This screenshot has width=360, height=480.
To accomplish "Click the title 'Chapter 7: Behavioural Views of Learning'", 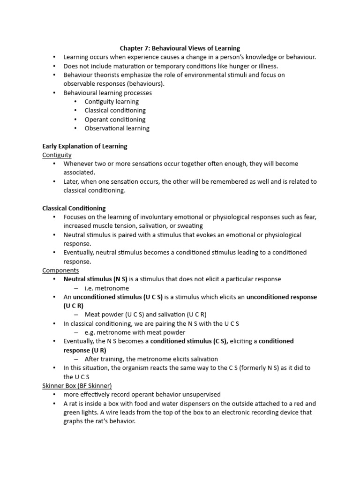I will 180,48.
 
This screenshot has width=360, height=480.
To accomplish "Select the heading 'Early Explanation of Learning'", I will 85,146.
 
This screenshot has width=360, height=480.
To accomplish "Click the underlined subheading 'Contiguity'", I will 57,155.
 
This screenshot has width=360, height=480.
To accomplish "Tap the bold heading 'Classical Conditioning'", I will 74,208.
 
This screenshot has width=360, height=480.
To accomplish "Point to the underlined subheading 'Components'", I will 60,270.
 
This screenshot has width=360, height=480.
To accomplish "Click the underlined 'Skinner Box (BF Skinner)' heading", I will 77,386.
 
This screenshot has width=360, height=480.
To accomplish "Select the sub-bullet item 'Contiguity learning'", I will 112,102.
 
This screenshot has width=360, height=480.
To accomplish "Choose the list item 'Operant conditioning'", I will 115,120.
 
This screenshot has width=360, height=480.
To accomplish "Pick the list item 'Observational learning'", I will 117,128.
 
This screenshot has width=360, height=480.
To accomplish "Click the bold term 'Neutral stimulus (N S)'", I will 96,279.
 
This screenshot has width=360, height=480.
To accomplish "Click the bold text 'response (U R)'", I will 85,350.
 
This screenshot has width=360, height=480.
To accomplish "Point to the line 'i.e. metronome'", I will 106,288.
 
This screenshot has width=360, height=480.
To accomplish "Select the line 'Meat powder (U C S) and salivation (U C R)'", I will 145,315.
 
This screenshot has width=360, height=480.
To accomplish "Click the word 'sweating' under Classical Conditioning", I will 190,226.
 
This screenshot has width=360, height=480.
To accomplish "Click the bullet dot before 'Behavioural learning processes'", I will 54,93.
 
